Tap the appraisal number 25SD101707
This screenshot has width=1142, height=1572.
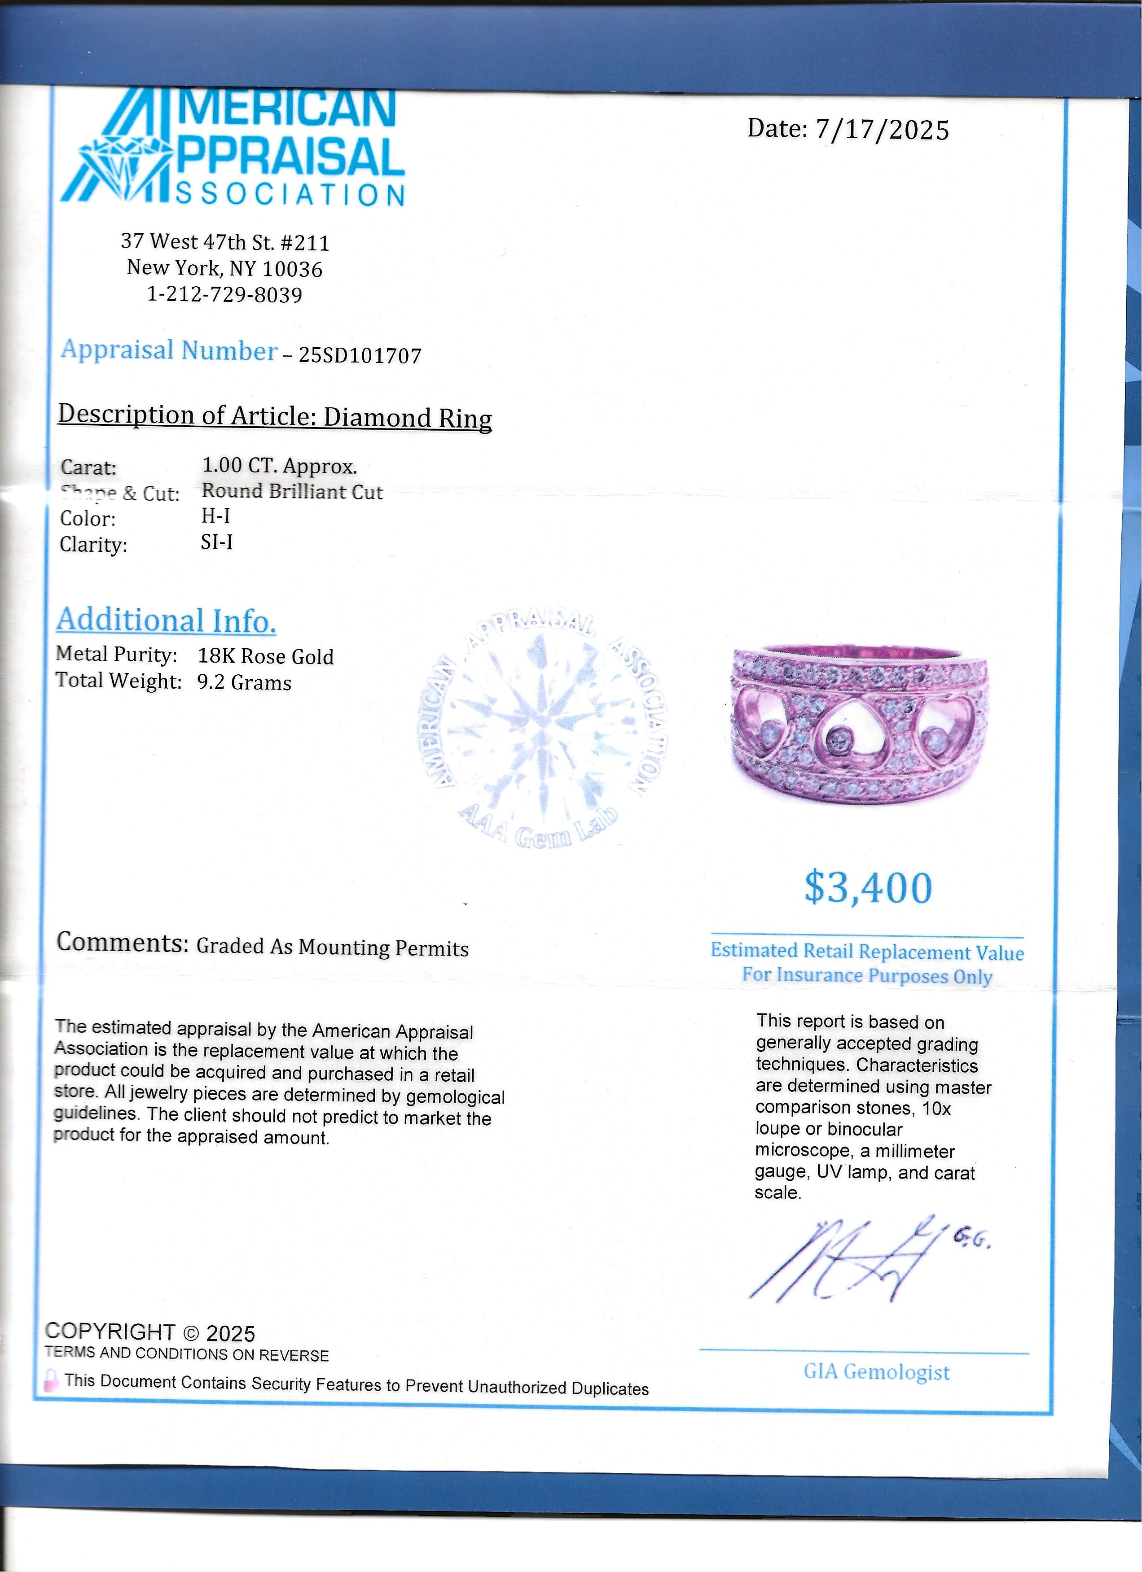tap(360, 356)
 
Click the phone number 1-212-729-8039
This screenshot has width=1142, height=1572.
tap(224, 295)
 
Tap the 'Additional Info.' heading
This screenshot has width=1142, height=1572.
tap(167, 620)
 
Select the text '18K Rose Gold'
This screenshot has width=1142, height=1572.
tap(266, 656)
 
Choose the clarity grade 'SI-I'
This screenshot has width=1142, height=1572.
tap(216, 541)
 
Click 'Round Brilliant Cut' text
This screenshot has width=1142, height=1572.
tap(292, 491)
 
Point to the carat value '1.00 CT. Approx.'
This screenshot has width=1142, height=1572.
tap(279, 466)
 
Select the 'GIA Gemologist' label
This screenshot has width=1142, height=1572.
tap(876, 1372)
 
